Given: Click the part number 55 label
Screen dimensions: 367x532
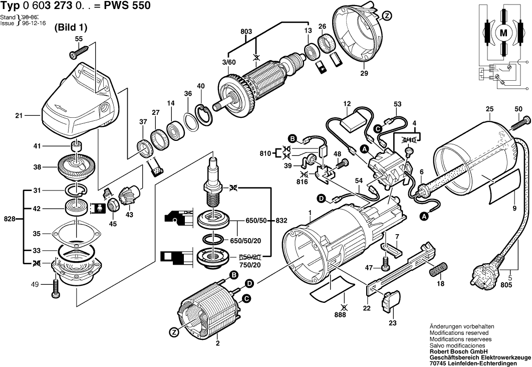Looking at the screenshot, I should [79, 39].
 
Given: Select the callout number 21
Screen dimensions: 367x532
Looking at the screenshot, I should [19, 116].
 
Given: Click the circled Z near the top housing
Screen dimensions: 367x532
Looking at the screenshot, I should [387, 17].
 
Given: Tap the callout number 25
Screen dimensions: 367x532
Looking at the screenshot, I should [489, 109].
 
